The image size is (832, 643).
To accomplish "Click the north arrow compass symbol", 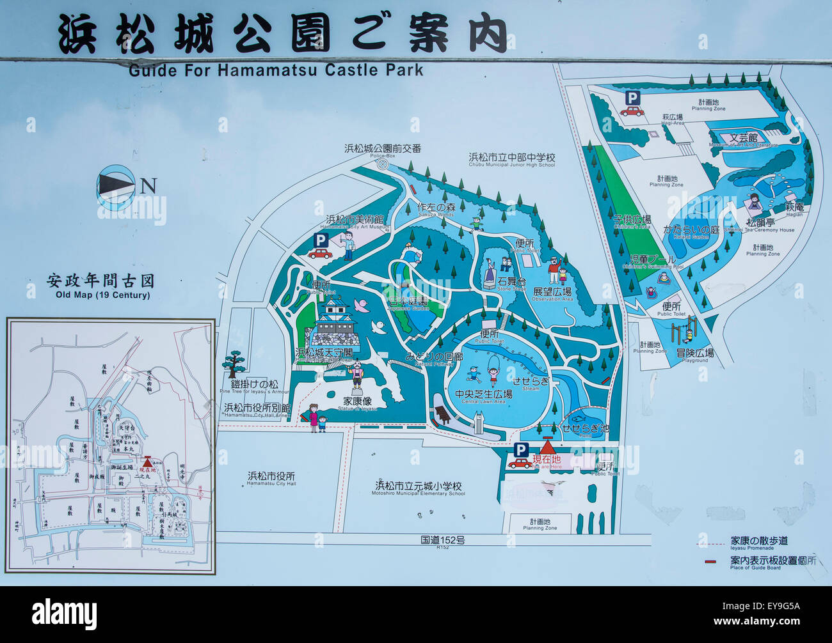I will click(x=116, y=185).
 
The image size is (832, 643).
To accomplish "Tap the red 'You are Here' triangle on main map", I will click(x=548, y=447).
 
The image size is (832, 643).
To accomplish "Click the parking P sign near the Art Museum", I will click(x=320, y=239).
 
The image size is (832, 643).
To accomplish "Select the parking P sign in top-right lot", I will click(x=632, y=98).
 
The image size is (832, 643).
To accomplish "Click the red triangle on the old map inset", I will click(x=148, y=461).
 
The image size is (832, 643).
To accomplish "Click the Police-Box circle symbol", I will click(x=383, y=164).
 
